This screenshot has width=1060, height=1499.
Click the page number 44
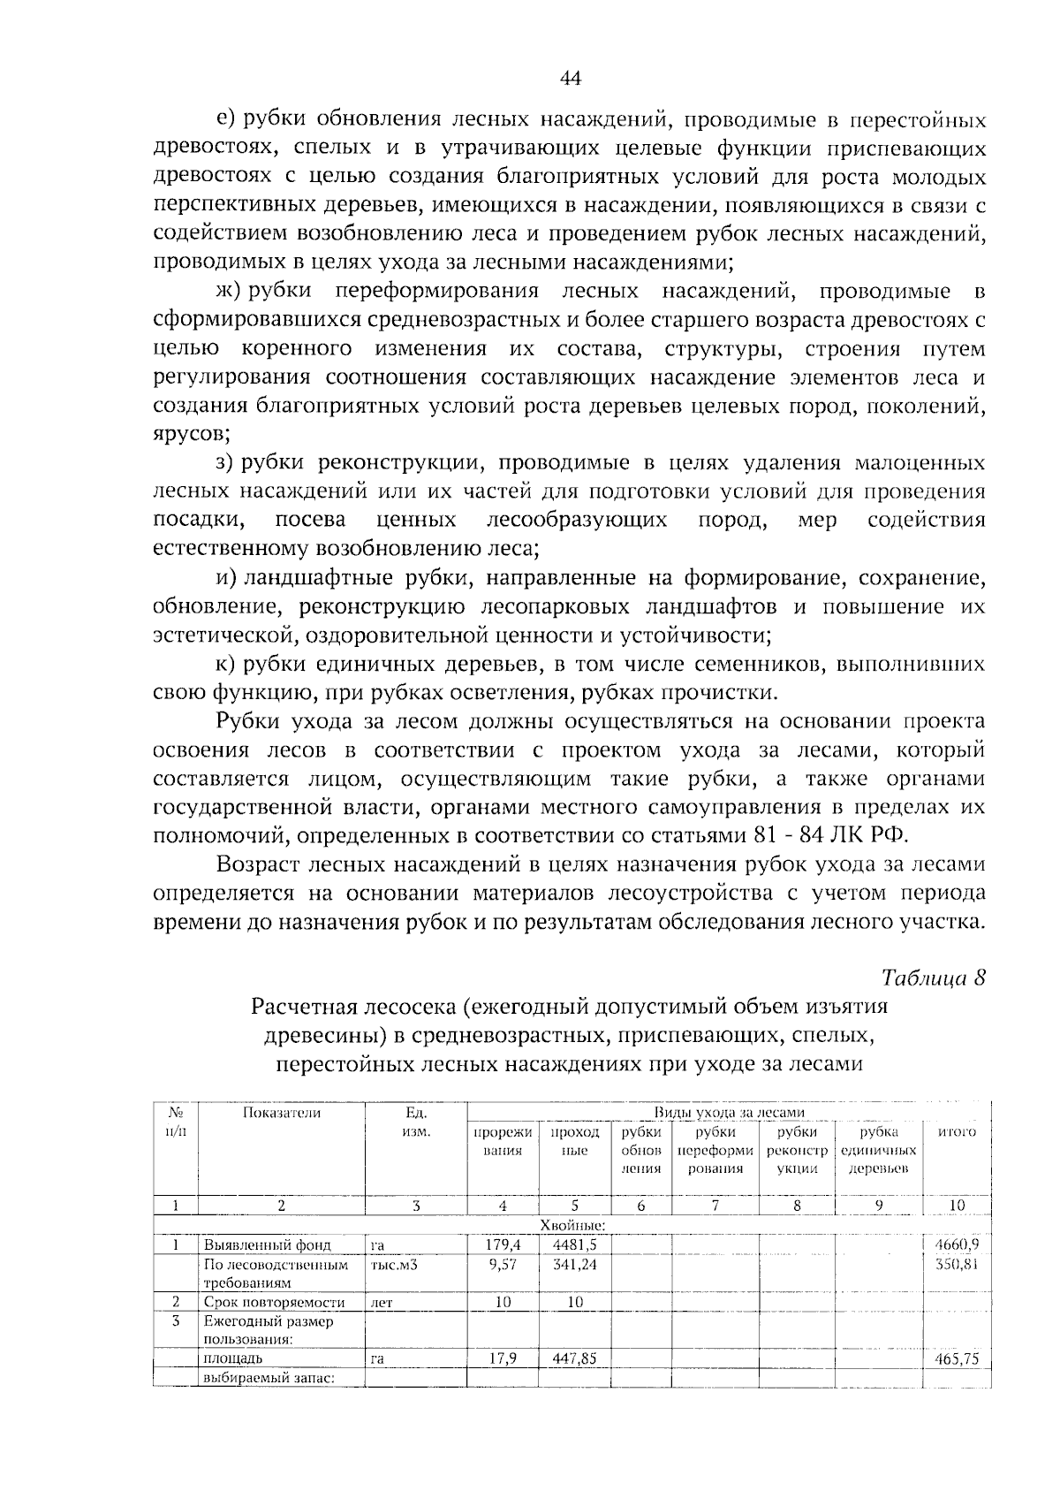pyautogui.click(x=571, y=79)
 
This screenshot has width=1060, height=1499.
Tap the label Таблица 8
pyautogui.click(x=933, y=978)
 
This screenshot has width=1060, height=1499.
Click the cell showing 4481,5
pyautogui.click(x=574, y=1244)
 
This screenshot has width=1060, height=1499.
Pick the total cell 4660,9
pyautogui.click(x=956, y=1244)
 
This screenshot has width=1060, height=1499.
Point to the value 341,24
pyautogui.click(x=574, y=1264)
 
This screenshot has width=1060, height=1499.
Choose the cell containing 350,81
pyautogui.click(x=956, y=1264)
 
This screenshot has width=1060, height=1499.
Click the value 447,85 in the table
pyautogui.click(x=574, y=1358)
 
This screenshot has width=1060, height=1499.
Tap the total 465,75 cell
pyautogui.click(x=956, y=1359)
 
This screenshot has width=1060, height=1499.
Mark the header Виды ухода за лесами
pyautogui.click(x=729, y=1112)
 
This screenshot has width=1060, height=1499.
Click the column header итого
pyautogui.click(x=956, y=1132)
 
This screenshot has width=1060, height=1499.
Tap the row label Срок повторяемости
pyautogui.click(x=273, y=1302)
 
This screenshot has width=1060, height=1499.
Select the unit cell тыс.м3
pyautogui.click(x=393, y=1265)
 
